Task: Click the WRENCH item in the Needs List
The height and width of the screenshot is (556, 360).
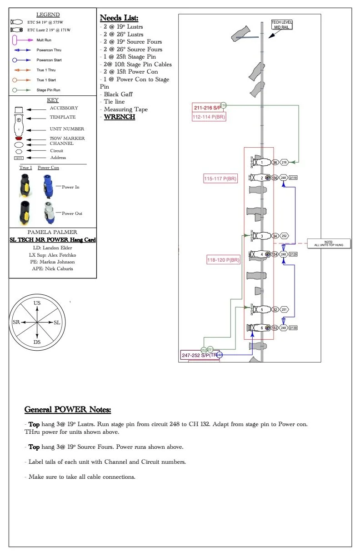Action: click(x=120, y=117)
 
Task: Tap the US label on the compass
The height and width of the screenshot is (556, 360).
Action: click(x=37, y=303)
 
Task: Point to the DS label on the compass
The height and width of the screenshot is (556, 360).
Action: click(x=37, y=342)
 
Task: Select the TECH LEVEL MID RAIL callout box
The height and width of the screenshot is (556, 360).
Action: click(x=282, y=25)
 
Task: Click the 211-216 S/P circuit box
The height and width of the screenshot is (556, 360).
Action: click(x=208, y=108)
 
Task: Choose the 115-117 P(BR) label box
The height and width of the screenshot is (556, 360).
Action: click(x=220, y=179)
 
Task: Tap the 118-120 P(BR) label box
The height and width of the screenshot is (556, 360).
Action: click(x=223, y=260)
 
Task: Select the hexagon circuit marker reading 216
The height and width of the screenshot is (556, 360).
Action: click(x=285, y=162)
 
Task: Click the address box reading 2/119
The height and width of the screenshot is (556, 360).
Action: click(x=293, y=178)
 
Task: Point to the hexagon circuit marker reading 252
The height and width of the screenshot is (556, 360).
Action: click(x=285, y=236)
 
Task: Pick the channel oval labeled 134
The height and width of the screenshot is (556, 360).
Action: click(x=275, y=254)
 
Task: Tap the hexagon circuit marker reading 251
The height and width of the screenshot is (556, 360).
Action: click(x=285, y=309)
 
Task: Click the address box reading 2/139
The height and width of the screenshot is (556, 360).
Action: click(x=293, y=328)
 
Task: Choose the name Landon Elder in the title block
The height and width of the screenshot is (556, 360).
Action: click(x=59, y=248)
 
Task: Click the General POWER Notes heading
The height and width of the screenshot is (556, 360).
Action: click(x=67, y=410)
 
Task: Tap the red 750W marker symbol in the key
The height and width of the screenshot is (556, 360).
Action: click(x=19, y=138)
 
